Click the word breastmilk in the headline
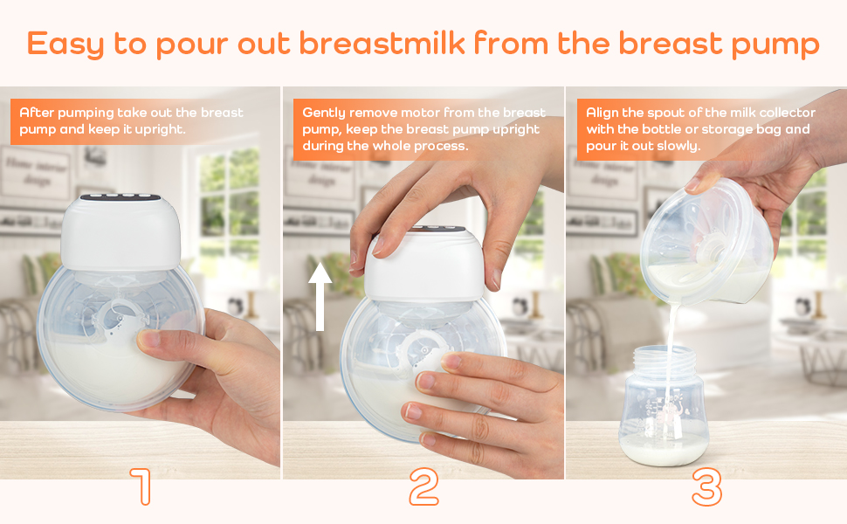click(x=382, y=43)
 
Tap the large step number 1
click(x=141, y=486)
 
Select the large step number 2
click(x=423, y=486)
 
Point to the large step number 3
click(x=706, y=486)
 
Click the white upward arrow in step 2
click(x=320, y=296)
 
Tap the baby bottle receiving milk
click(x=663, y=404)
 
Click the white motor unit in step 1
click(x=120, y=231)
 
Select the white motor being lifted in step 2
click(x=423, y=265)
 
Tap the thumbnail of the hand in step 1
click(x=147, y=339)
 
